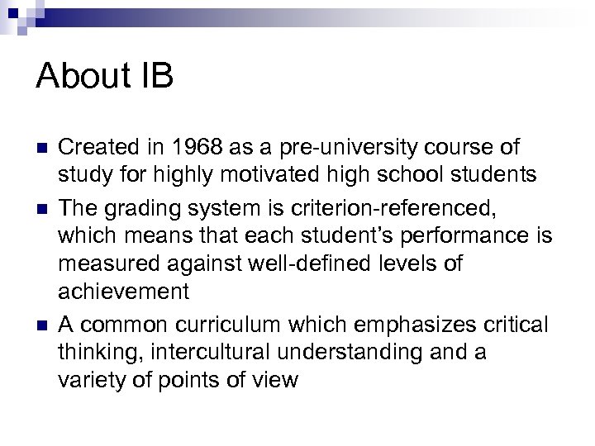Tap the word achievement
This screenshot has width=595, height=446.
(124, 292)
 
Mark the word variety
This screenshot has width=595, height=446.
(88, 379)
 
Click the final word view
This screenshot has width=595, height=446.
(274, 379)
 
